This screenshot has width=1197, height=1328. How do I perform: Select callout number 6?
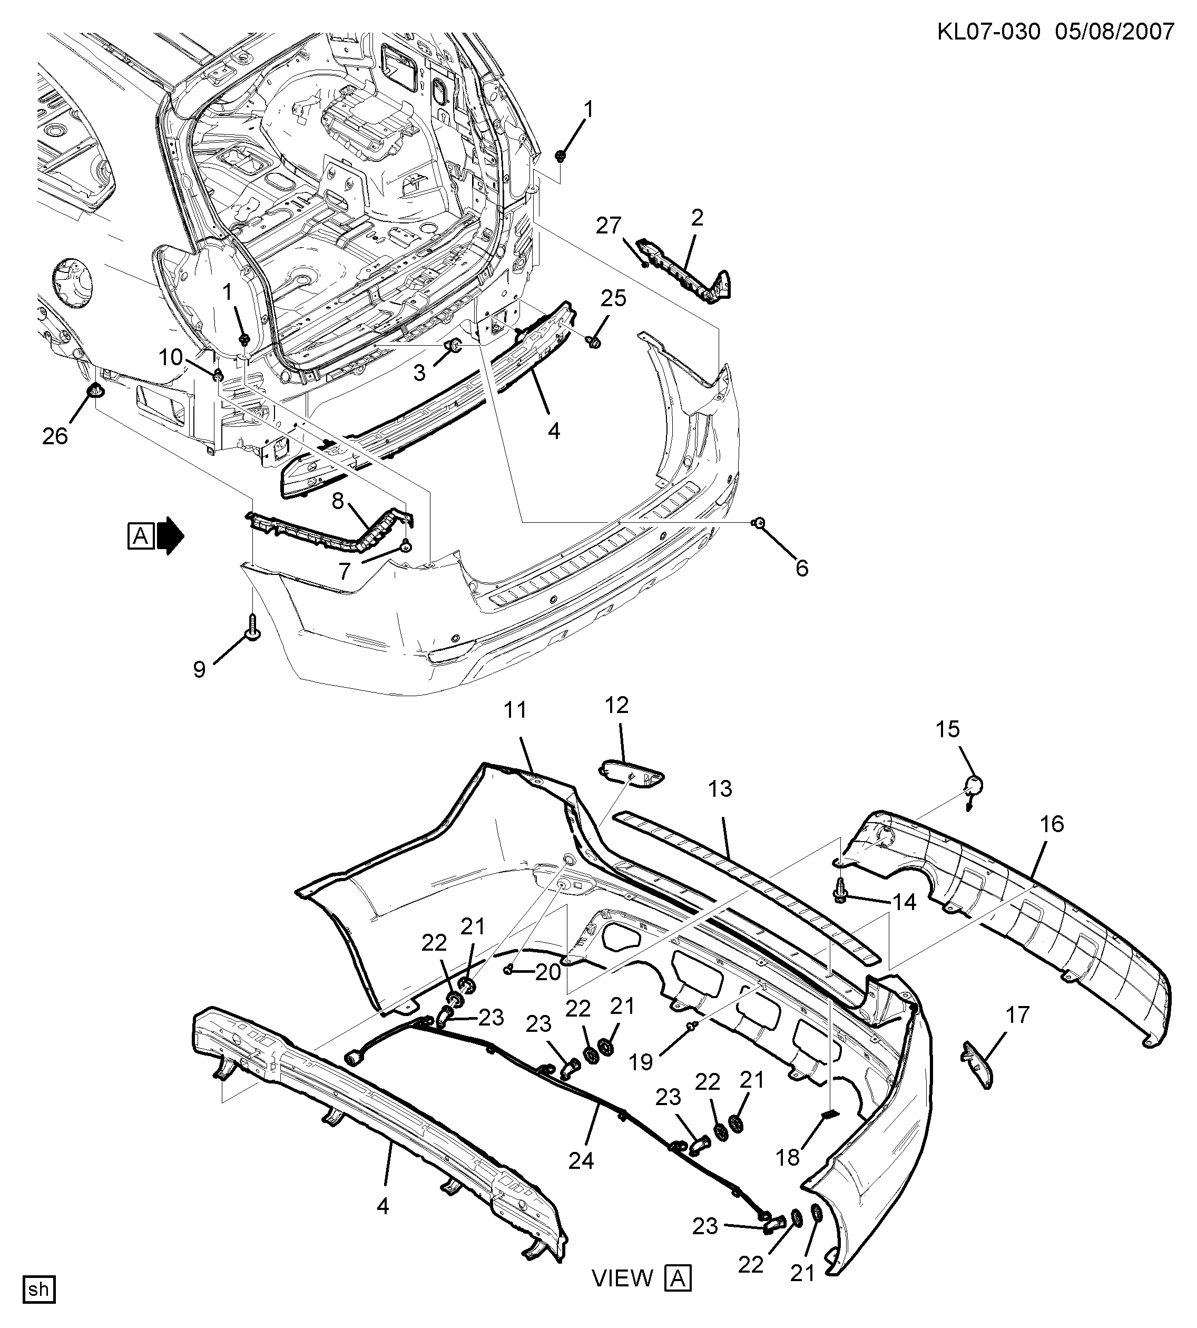802,568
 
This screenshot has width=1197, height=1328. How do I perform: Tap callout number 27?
609,226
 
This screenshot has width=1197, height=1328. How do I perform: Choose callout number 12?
617,705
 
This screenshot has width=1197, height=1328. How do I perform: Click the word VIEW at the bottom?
622,1278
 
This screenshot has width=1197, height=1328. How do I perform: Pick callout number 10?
170,357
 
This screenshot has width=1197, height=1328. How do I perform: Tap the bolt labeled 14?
840,893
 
